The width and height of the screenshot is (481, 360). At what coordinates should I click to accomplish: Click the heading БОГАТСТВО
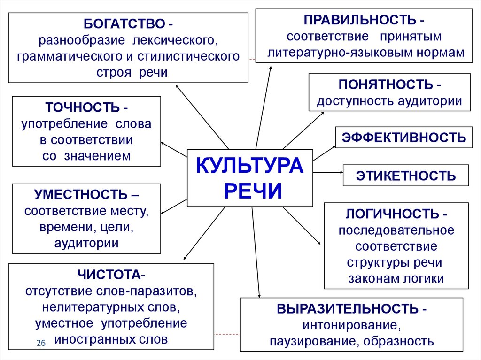tap(124, 24)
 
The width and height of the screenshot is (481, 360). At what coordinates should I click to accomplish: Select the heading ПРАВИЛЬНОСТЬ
tap(360, 20)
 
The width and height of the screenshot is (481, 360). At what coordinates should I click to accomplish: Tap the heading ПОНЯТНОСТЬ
tap(386, 84)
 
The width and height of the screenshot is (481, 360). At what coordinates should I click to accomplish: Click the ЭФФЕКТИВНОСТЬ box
tap(404, 138)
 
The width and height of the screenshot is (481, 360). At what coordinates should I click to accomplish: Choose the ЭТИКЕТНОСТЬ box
tap(406, 176)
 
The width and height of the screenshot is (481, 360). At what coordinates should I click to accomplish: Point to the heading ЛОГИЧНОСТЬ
tap(392, 214)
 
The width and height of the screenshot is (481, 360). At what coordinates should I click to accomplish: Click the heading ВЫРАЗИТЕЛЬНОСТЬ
tap(348, 309)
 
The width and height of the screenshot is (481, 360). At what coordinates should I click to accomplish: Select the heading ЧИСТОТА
tap(109, 275)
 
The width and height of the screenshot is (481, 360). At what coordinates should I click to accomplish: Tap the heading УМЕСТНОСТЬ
tap(81, 194)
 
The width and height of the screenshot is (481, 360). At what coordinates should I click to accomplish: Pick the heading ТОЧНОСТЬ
tap(82, 107)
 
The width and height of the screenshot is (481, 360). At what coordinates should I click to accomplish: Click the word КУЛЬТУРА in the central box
tap(250, 166)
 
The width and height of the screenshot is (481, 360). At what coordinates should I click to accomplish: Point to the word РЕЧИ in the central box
tap(253, 191)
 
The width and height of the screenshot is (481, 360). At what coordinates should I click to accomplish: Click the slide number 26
tap(41, 343)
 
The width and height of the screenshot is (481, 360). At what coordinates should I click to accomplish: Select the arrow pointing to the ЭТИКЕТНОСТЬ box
tap(328, 172)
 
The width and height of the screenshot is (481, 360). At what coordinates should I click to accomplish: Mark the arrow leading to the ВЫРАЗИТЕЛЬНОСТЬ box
tap(256, 252)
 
